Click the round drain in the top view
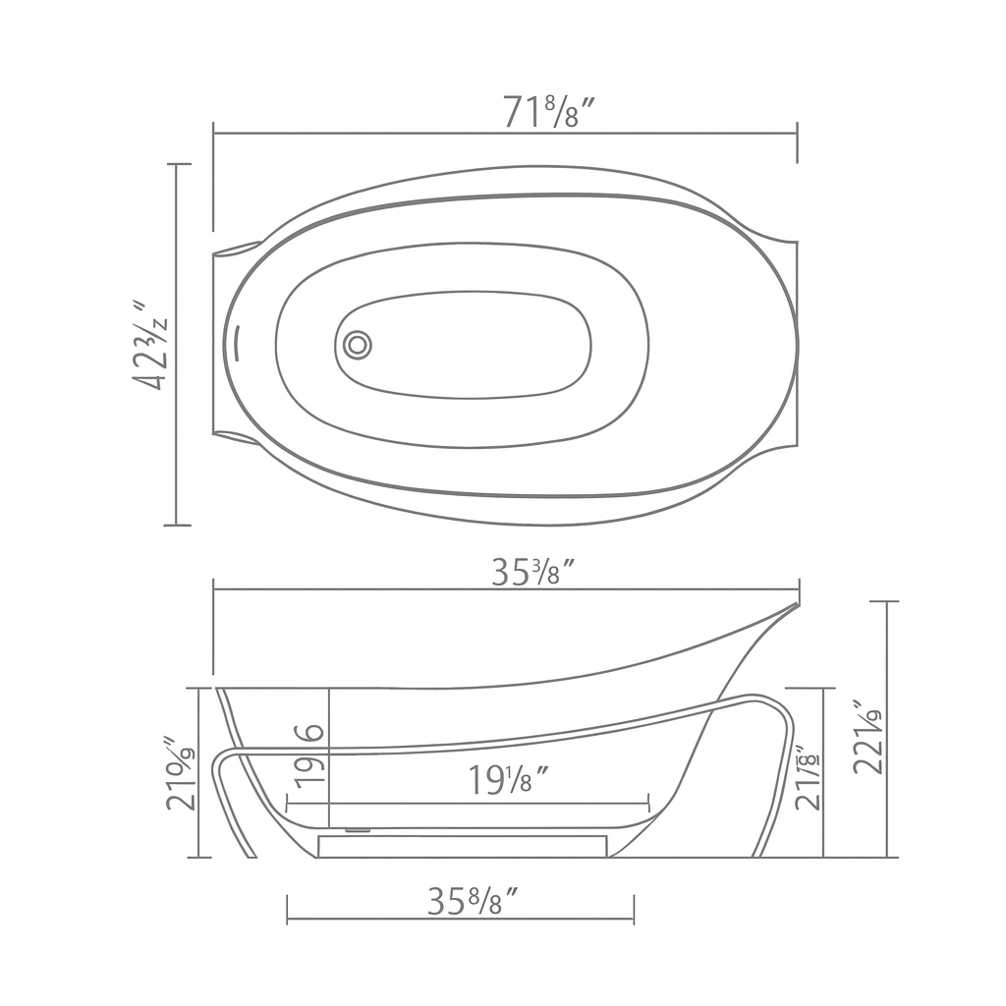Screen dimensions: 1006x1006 pos(358,344)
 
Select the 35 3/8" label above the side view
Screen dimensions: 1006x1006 pos(531,573)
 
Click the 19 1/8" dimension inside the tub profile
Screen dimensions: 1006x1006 pos(507,781)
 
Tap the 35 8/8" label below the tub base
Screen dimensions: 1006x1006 pos(472,901)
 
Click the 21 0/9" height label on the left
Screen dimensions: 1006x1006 pos(182,773)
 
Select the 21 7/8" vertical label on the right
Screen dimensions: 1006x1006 pos(809,778)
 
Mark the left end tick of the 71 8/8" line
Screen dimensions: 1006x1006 pos(214,134)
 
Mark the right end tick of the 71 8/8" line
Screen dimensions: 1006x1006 pos(797,134)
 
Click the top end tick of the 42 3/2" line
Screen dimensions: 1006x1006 pos(177,164)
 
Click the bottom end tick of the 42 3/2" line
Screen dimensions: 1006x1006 pos(177,526)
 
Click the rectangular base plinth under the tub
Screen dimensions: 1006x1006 pos(462,845)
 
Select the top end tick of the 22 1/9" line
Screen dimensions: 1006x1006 pos(887,601)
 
